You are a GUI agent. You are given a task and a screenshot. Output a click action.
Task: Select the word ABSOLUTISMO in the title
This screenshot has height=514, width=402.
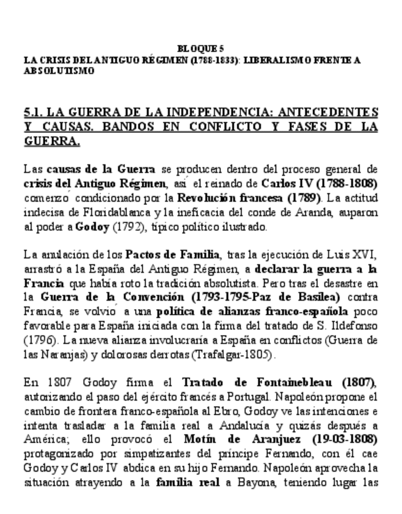click(59, 70)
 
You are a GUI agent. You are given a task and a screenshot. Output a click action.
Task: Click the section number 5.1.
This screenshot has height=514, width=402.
click(33, 112)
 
